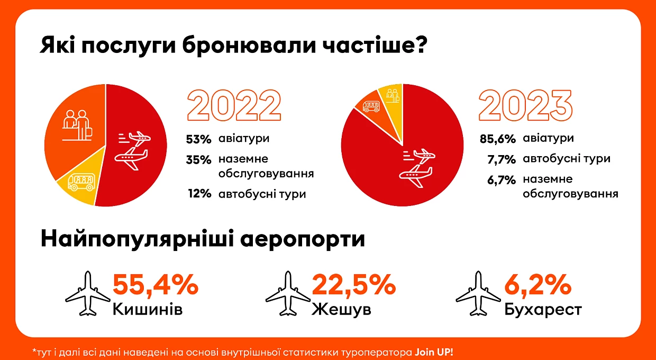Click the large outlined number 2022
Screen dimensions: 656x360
(234, 105)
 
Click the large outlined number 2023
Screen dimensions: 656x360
(525, 105)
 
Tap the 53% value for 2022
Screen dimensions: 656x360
(198, 139)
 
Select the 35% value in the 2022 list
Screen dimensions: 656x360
(198, 160)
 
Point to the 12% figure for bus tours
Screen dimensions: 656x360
(200, 194)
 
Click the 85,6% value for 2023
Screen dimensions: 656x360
(498, 139)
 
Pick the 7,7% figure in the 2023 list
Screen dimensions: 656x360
(502, 159)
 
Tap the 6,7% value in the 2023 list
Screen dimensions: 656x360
(502, 179)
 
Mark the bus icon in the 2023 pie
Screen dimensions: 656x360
(371, 106)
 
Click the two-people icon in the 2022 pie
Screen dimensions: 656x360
(77, 125)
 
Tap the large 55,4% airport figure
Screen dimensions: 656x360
(156, 284)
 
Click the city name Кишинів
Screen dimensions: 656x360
(148, 309)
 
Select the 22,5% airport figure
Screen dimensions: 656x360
(354, 284)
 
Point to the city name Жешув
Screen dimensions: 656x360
(341, 309)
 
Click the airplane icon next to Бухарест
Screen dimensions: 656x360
(478, 293)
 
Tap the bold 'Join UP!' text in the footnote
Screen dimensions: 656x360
(434, 352)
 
